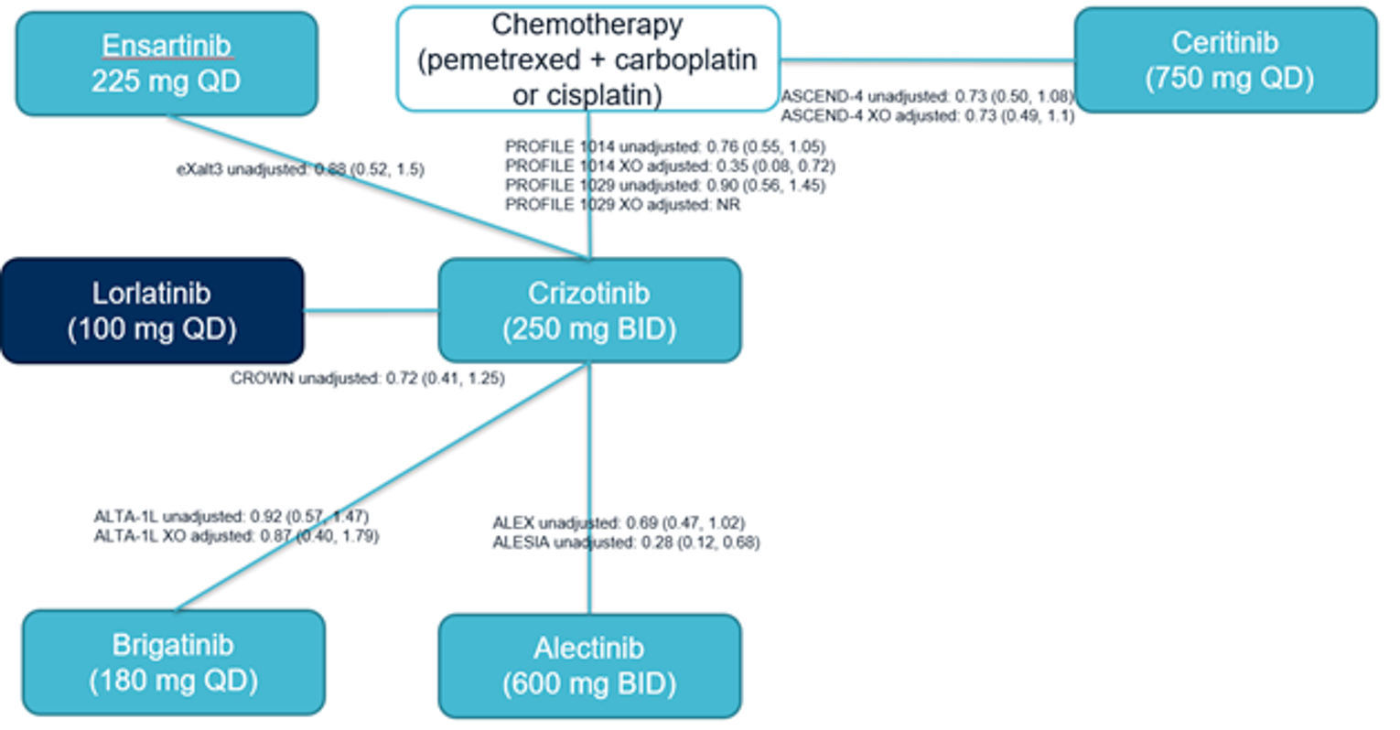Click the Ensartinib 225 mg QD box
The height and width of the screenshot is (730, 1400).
167,63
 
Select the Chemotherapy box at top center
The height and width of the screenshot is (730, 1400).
587,59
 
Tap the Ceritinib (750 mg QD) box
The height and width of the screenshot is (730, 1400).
1226,60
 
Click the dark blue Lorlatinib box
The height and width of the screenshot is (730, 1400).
152,311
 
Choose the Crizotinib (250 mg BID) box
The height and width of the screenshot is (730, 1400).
589,311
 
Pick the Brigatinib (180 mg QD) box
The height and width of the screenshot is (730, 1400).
173,662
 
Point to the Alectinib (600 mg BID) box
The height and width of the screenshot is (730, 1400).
589,665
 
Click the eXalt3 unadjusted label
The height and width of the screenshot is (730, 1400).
300,169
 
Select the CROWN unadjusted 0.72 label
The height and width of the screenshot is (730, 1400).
367,378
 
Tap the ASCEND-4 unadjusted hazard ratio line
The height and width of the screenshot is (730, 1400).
926,96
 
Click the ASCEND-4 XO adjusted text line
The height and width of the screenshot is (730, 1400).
927,116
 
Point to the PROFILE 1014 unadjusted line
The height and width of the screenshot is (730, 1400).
665,146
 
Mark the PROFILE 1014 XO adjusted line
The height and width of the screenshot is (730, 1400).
670,166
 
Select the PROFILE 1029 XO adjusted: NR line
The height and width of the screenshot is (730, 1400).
622,205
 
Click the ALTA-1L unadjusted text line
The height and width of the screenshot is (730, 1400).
231,517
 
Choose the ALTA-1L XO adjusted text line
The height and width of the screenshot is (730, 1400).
236,536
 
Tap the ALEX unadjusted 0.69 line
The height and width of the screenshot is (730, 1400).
619,523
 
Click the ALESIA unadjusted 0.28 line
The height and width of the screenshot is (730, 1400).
626,542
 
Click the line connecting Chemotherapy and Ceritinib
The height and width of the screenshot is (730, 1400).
926,61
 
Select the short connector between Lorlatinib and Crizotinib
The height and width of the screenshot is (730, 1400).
371,311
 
